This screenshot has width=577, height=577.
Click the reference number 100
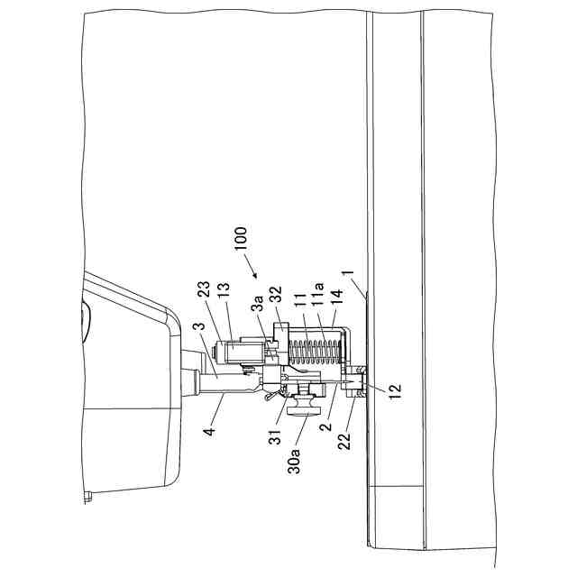[241, 239]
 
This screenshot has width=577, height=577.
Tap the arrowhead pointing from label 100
[254, 274]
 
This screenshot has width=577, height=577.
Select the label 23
[204, 289]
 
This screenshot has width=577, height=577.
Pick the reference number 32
[276, 295]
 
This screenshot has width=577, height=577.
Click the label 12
[395, 392]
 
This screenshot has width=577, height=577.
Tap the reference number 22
[344, 442]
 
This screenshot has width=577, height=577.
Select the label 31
[275, 436]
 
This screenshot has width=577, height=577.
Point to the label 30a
[294, 460]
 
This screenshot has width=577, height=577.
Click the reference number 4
[209, 431]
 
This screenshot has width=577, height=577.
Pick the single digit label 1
[348, 273]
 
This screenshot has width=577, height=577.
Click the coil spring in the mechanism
[315, 353]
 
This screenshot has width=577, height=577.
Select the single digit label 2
[325, 426]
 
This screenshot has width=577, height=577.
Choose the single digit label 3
[198, 327]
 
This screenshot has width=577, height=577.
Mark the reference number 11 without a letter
[300, 301]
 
